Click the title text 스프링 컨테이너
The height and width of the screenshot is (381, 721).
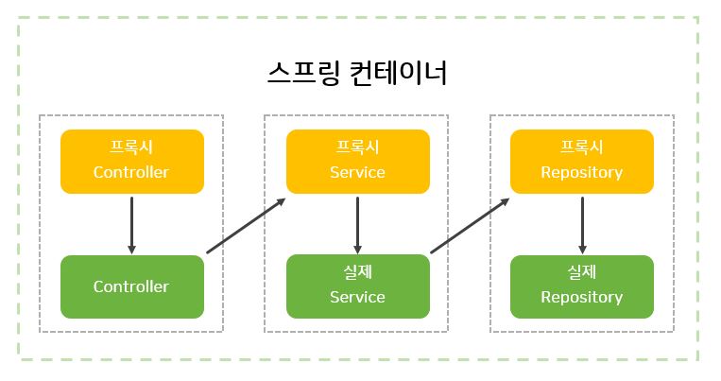click(358, 73)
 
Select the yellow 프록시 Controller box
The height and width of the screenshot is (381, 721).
click(131, 161)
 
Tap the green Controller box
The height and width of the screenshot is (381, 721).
click(131, 286)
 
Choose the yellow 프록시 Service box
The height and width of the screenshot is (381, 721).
click(357, 161)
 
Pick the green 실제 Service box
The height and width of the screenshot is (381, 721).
click(357, 286)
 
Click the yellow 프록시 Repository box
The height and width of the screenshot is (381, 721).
click(581, 161)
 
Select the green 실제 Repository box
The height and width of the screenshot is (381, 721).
click(581, 286)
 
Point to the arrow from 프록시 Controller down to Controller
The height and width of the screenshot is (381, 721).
click(131, 224)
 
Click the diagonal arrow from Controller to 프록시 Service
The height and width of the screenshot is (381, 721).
click(246, 226)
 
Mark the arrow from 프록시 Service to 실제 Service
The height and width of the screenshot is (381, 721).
click(357, 224)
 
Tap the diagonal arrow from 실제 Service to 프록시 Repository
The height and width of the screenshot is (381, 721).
click(470, 226)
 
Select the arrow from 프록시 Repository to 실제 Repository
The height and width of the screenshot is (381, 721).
click(581, 224)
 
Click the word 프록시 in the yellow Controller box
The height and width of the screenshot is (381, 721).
click(131, 148)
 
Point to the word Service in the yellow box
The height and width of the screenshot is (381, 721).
click(357, 173)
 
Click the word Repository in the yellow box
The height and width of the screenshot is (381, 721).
click(581, 173)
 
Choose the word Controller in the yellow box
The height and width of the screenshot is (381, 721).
click(131, 173)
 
